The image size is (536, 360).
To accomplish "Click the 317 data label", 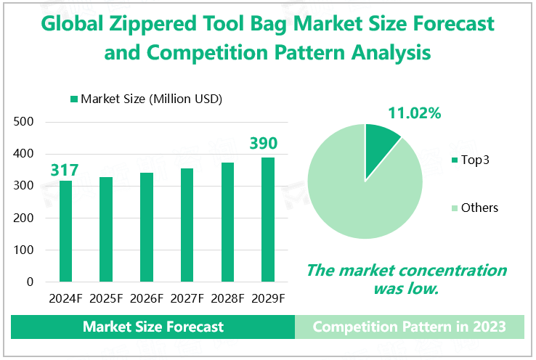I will (64, 171).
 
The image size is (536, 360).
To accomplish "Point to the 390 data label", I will (264, 144).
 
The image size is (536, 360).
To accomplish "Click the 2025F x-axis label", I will (106, 298).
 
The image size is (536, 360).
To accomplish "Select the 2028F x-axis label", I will (228, 298).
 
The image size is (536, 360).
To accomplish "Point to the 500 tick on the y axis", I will (25, 122).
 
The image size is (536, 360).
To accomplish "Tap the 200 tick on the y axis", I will (25, 218).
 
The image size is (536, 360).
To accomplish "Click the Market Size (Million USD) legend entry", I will (146, 99).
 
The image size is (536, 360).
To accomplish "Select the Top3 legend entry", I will (475, 159).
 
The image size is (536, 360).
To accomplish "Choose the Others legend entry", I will (479, 208).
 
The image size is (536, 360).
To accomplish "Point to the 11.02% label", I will (414, 113).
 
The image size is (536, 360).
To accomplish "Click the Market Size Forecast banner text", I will (153, 327).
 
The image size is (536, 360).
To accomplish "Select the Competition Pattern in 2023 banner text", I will (409, 327).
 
